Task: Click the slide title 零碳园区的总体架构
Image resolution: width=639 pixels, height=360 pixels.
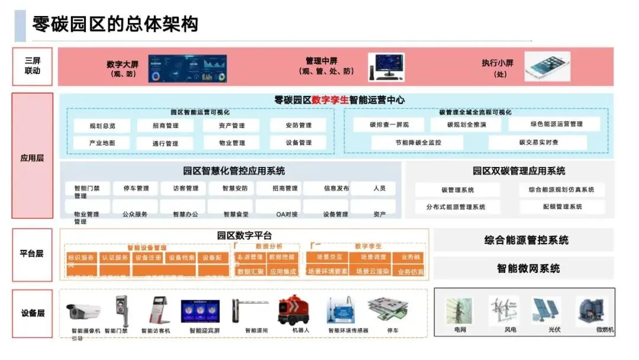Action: pos(115,24)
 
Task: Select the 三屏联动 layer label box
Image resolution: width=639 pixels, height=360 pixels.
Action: pos(33,66)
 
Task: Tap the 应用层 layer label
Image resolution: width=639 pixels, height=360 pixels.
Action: pos(33,158)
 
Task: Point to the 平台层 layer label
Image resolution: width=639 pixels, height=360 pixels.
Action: pos(33,253)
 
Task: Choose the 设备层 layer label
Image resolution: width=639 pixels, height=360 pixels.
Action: pos(33,313)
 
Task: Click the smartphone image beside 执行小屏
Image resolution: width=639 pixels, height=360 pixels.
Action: pos(547,66)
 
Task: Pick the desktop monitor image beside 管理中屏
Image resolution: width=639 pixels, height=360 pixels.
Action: pos(386,67)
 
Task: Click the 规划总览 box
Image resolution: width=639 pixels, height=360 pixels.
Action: pos(102,126)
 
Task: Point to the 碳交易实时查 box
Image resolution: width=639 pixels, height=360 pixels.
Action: pos(538,142)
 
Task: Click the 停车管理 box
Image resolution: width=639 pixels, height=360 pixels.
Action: pos(135,189)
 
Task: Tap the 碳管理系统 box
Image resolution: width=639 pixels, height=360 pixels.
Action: pos(457,190)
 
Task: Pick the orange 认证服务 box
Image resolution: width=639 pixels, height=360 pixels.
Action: pos(115,258)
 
